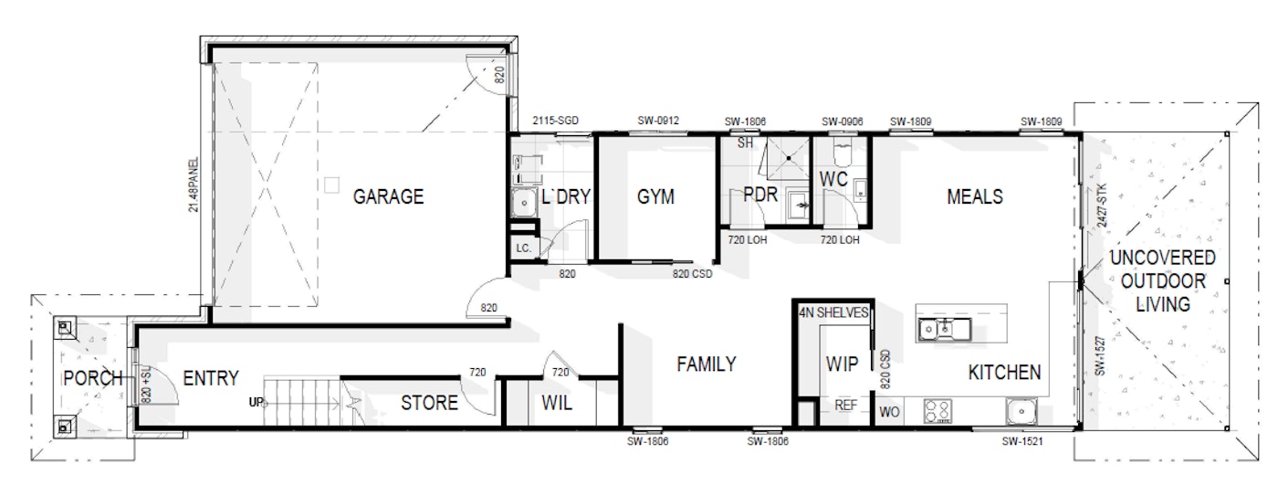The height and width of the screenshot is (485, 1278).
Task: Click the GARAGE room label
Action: pyautogui.click(x=388, y=197)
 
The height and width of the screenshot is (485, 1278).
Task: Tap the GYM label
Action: pyautogui.click(x=655, y=197)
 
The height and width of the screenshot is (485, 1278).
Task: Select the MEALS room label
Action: pyautogui.click(x=975, y=197)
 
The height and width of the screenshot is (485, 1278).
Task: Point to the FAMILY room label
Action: pyautogui.click(x=707, y=364)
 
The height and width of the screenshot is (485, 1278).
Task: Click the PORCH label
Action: pyautogui.click(x=93, y=378)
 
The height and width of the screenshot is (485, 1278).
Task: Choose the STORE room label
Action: pyautogui.click(x=429, y=403)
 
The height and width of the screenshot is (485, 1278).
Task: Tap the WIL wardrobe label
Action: pyautogui.click(x=556, y=403)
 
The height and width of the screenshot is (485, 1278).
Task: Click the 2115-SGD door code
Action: pyautogui.click(x=555, y=121)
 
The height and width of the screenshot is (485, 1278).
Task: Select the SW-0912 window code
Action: pyautogui.click(x=658, y=121)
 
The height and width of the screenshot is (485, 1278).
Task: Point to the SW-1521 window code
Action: pyautogui.click(x=1022, y=441)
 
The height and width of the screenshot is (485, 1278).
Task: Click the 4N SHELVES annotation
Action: pyautogui.click(x=833, y=312)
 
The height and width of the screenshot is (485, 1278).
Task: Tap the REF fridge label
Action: pyautogui.click(x=845, y=406)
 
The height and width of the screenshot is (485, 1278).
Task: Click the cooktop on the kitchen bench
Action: pyautogui.click(x=938, y=411)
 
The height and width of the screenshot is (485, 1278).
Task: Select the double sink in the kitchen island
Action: pyautogui.click(x=944, y=329)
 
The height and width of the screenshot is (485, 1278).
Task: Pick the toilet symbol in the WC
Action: pyautogui.click(x=842, y=152)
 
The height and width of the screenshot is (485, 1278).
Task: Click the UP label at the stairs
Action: pyautogui.click(x=257, y=402)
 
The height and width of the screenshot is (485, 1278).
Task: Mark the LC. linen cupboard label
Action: pyautogui.click(x=524, y=248)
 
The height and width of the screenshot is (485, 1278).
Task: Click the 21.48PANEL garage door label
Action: pyautogui.click(x=194, y=185)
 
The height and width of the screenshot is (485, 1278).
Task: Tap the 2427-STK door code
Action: pyautogui.click(x=1102, y=205)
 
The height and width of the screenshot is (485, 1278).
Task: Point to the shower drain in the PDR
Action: pyautogui.click(x=789, y=158)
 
